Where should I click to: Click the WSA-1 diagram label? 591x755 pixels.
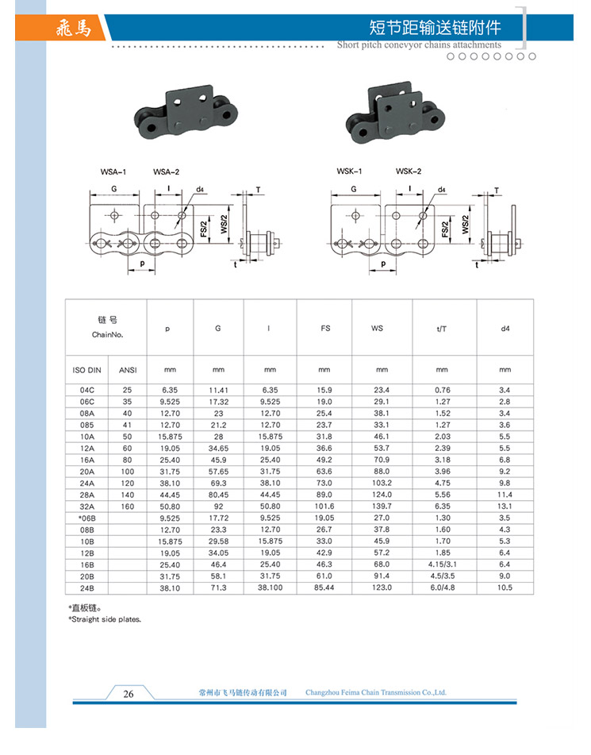(x=113, y=172)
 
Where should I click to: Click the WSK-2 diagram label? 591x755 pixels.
(x=409, y=172)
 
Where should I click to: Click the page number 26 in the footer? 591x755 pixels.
(x=129, y=694)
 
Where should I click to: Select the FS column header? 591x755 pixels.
(x=324, y=327)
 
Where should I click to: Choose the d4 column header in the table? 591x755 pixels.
(x=505, y=327)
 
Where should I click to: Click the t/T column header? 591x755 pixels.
(x=442, y=327)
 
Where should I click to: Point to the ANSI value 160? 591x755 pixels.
(x=127, y=506)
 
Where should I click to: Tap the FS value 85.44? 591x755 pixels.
(x=324, y=587)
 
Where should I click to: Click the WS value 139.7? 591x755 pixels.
(x=382, y=506)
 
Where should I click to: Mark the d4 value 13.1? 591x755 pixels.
(x=505, y=506)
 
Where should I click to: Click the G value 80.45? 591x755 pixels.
(x=218, y=495)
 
